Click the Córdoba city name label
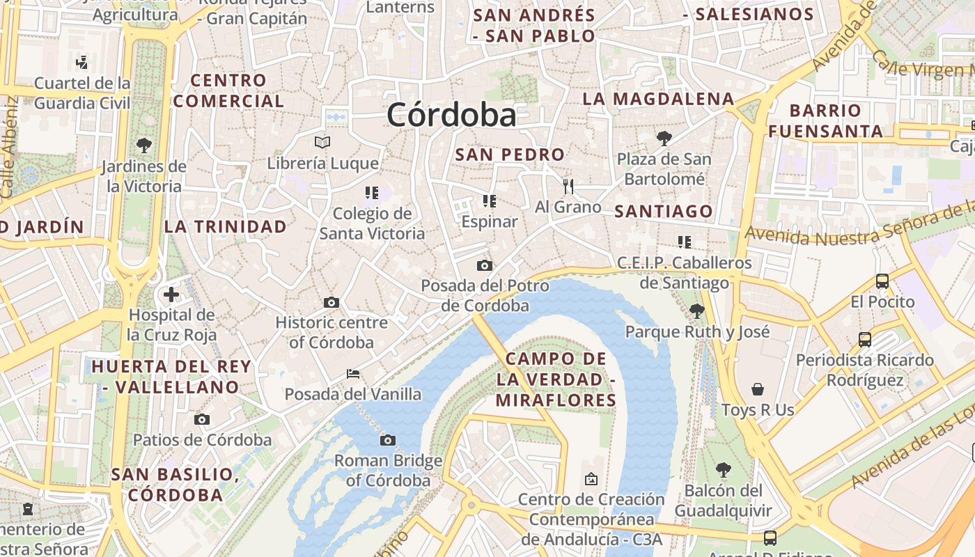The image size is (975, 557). coord(451,115)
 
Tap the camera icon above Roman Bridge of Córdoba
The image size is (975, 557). coord(388,440)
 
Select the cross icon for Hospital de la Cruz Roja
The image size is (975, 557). coord(171,295)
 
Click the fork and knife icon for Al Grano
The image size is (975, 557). coord(568,186)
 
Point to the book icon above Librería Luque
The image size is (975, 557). coord(322,143)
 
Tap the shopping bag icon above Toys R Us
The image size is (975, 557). coord(758,389)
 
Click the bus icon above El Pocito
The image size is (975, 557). coord(882,281)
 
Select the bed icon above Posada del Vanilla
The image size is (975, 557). coord(353,374)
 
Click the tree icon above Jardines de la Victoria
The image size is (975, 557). coord(144,146)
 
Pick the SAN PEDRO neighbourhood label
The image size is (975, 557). coord(510,155)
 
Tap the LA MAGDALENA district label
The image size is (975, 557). coord(658,99)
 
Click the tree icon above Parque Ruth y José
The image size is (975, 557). coord(696,311)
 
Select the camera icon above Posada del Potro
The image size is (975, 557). coord(485,265)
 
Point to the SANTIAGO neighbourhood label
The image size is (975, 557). coord(664,211)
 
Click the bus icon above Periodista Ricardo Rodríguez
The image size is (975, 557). coord(865,340)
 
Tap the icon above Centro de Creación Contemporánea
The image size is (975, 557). coord(591,479)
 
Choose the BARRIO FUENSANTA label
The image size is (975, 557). coord(826,120)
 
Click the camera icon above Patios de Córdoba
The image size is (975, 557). coord(202,419)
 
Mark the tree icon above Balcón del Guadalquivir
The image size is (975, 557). coord(724,470)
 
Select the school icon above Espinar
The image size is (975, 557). coord(490,201)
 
